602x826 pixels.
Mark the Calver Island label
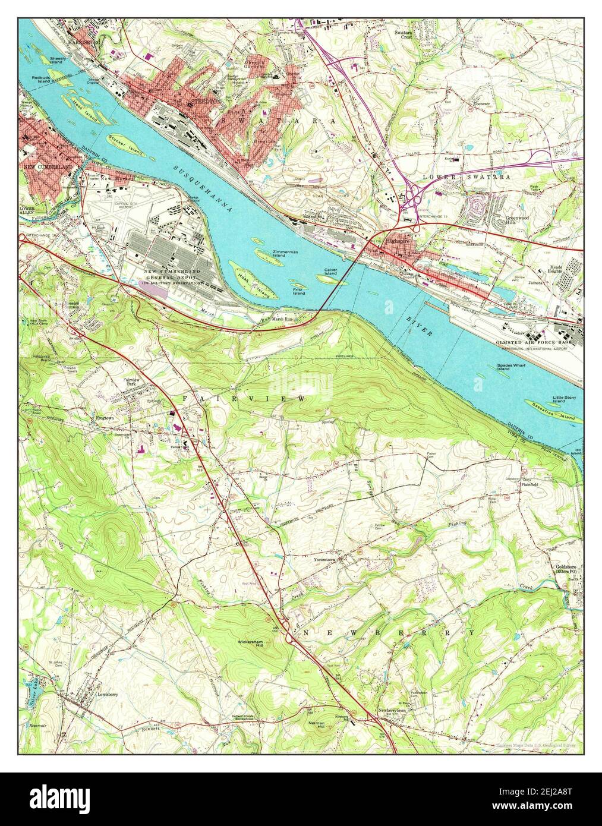pos(330,273)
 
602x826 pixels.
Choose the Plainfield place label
pos(528,484)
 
